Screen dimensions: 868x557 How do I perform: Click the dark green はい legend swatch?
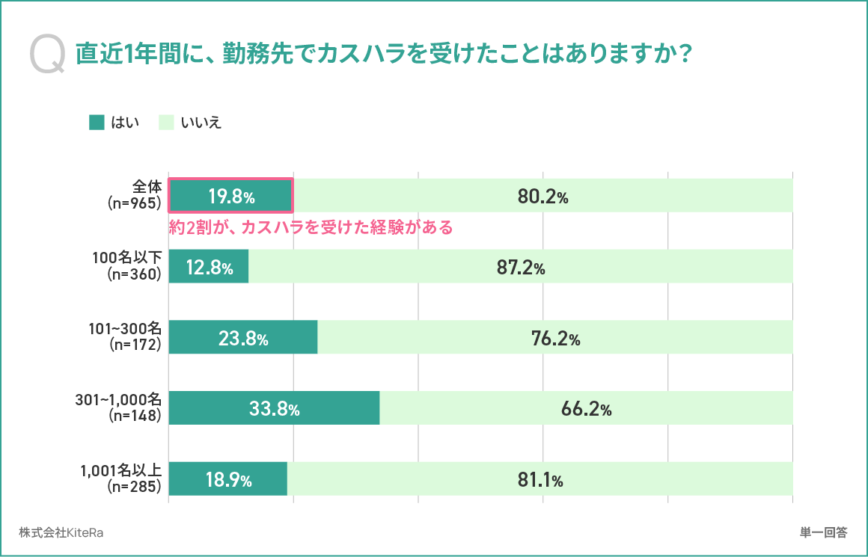click(97, 123)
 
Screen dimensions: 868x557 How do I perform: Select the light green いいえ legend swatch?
click(166, 123)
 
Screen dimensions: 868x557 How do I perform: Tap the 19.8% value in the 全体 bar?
click(231, 197)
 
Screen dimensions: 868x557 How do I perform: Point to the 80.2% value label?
click(543, 197)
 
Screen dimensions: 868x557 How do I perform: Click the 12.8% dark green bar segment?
click(209, 266)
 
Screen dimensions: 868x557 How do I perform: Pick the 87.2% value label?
click(521, 268)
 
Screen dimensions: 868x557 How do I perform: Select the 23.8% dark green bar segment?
click(243, 337)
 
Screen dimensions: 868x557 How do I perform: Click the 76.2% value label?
click(556, 339)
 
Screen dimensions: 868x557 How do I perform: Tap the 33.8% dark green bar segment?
click(274, 407)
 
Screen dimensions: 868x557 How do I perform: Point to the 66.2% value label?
click(586, 409)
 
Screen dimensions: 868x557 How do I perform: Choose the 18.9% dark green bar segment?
click(228, 478)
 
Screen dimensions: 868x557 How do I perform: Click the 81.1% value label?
click(540, 480)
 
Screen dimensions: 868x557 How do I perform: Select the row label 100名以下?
click(126, 257)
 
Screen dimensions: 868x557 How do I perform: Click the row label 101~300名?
click(125, 328)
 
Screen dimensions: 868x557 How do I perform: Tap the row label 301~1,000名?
click(118, 399)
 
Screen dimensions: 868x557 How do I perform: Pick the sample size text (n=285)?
click(135, 486)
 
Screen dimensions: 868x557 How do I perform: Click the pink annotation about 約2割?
click(311, 227)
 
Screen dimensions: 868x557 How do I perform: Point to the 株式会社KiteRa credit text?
click(61, 532)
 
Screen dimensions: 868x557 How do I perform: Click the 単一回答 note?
click(824, 532)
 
